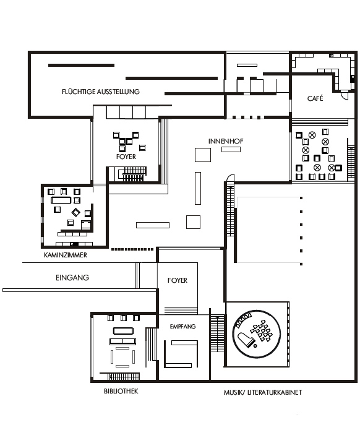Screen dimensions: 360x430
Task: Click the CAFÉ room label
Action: coord(315,98)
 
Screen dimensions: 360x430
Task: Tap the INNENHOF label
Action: coord(226,141)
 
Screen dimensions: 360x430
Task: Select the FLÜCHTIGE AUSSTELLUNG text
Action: coord(101,92)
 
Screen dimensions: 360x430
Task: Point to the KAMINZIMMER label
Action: coord(66,255)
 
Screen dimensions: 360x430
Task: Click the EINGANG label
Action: coord(72,278)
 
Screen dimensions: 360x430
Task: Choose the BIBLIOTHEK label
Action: coord(121,391)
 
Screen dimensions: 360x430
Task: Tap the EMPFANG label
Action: coord(182,326)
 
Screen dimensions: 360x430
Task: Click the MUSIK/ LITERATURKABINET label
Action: coord(263,392)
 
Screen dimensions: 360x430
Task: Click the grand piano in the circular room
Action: coord(246,340)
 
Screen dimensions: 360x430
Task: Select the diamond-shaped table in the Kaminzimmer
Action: coord(76,212)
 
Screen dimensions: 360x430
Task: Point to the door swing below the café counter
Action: coord(345,94)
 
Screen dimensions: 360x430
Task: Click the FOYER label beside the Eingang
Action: coord(178,280)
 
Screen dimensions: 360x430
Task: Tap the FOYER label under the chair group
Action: coord(126,157)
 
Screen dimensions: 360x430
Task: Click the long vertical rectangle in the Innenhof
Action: coord(198,188)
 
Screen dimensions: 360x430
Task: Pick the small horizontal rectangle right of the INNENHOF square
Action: coord(231,149)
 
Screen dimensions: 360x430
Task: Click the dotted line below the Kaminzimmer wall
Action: coord(132,249)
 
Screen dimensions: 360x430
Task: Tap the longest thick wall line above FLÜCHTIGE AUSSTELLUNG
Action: coord(171,79)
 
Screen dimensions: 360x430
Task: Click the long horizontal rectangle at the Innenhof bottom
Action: coord(153,225)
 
